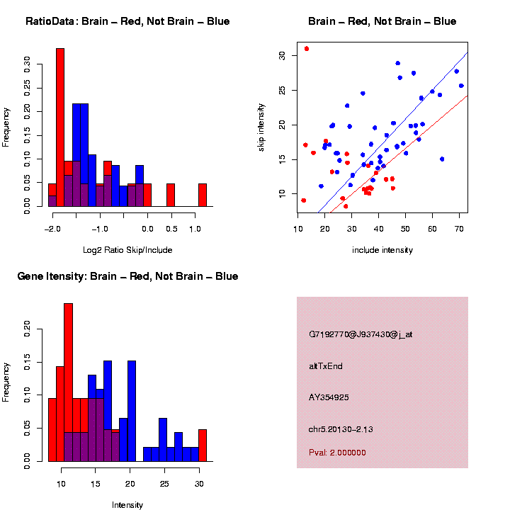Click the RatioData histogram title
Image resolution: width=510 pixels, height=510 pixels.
coord(127,21)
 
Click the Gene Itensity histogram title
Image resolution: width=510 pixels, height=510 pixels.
coord(127,276)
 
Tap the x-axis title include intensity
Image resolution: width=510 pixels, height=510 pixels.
coord(382,250)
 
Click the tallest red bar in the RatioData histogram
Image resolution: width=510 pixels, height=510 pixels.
coord(60,127)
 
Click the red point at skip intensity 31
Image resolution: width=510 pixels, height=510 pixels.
coord(307,49)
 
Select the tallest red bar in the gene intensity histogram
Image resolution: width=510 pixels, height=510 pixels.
coord(69,382)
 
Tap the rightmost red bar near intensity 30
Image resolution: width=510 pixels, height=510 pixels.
coord(203,445)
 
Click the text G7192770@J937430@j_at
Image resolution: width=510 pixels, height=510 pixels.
coord(360,334)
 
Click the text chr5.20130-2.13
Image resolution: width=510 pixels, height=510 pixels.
coord(345,429)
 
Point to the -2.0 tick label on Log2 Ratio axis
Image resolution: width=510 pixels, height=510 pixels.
coord(52,229)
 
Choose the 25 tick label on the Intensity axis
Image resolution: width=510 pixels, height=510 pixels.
coord(164,484)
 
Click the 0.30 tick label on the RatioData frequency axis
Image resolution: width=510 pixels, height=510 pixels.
coord(28,64)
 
